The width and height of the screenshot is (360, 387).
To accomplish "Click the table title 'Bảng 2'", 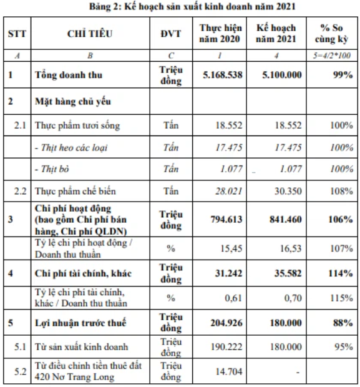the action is tap(104, 7).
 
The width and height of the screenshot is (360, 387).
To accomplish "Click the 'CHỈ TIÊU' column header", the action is tap(90, 34).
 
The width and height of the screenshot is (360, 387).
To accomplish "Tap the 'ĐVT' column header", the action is tap(171, 34).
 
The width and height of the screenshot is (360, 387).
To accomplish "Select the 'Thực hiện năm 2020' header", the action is tap(220, 33).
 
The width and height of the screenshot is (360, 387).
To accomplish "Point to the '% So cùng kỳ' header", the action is tap(332, 33).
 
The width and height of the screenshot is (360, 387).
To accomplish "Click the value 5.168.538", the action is tap(223, 75).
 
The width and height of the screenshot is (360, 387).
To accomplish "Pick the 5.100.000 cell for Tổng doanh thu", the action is tap(282, 75).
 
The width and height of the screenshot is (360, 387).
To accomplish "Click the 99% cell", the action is tap(343, 75).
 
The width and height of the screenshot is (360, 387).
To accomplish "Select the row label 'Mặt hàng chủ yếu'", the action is tap(73, 102).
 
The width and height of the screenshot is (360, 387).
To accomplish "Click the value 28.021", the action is tap(229, 191).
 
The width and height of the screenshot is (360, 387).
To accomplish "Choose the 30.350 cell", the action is tap(288, 191).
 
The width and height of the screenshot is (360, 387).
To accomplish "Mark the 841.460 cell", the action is tap(286, 220).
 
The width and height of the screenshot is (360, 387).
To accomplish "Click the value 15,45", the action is tap(231, 248).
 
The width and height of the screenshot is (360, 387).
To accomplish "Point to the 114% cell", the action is tap(341, 273).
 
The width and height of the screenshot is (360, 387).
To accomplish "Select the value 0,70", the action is tap(293, 298).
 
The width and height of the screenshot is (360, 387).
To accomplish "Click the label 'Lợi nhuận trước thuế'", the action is tap(80, 323).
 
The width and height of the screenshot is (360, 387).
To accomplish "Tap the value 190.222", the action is tap(226, 347).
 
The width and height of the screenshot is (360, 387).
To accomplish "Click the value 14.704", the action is tap(229, 371).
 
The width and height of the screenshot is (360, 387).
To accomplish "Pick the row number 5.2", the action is tap(20, 371).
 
